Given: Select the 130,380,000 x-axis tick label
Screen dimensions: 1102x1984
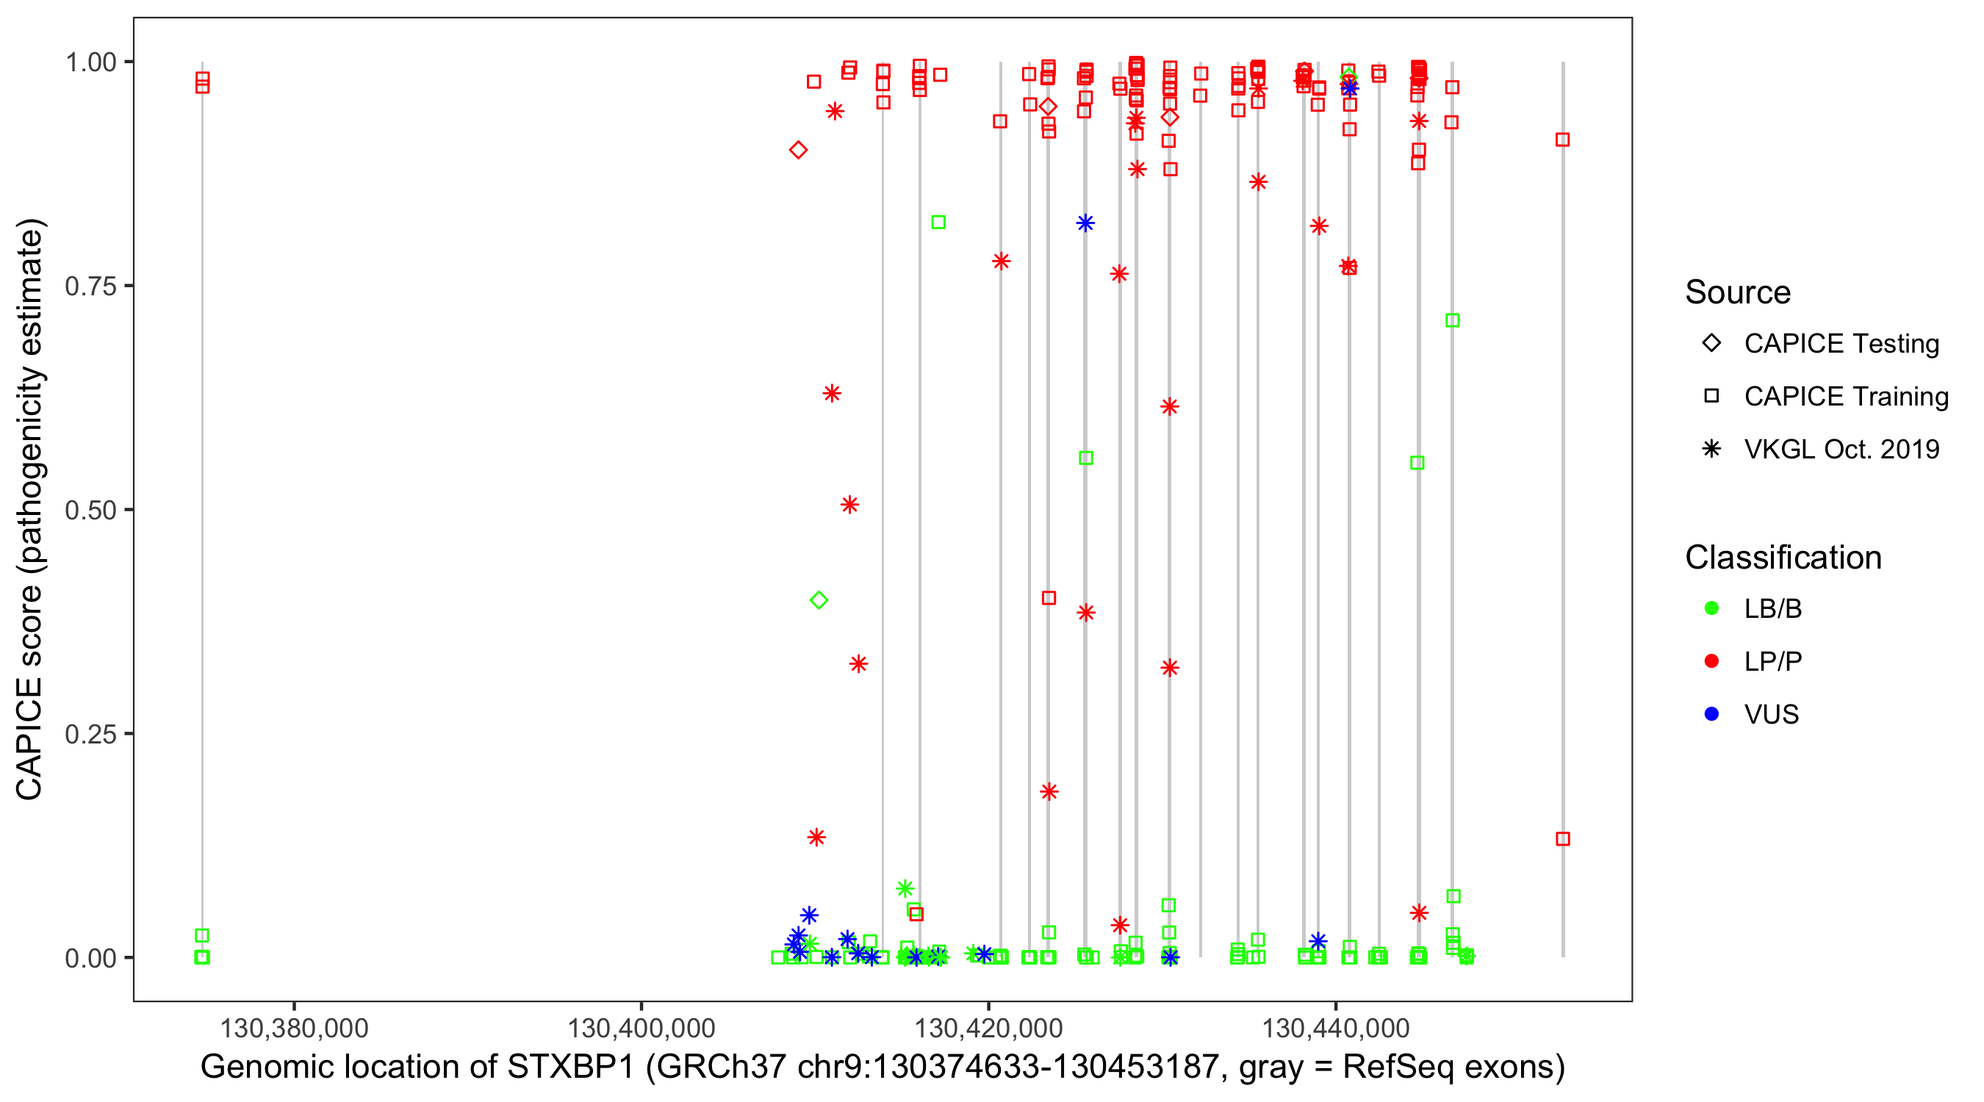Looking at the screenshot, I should (294, 1028).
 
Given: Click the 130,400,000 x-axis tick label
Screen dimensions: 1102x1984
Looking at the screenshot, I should (641, 1028).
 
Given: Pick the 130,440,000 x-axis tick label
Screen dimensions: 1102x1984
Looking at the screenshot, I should (1335, 1028).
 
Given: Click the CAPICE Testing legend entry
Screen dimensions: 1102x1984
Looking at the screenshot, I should (1841, 344).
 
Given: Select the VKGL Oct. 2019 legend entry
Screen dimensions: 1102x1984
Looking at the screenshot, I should (1841, 449).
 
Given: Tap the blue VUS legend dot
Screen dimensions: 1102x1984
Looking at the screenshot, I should (1711, 715).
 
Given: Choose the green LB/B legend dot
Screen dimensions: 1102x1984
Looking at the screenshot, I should (1711, 608).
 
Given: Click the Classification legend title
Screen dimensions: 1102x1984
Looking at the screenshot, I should (1782, 558).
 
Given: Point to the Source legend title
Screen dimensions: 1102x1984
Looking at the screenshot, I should (1738, 292).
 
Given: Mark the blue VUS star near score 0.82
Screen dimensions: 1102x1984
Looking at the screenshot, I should (1085, 223).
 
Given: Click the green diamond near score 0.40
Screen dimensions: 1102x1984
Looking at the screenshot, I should (819, 601).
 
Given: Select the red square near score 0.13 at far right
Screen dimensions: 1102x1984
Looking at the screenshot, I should (1563, 839).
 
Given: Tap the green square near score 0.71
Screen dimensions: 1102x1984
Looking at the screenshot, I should (1453, 320).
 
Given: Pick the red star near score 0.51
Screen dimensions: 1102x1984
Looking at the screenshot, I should (849, 505).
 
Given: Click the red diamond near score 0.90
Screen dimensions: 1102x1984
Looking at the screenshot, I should (798, 150).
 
